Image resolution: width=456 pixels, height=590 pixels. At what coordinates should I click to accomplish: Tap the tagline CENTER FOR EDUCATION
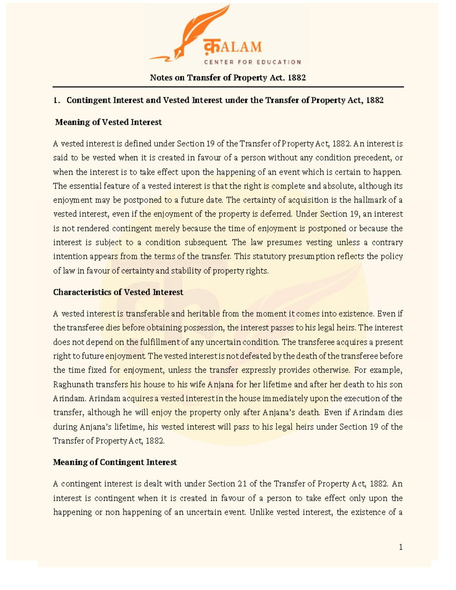(252, 62)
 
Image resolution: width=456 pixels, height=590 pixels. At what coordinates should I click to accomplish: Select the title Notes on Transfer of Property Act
(228, 78)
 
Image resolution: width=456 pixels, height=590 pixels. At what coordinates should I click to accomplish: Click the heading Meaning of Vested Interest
(108, 122)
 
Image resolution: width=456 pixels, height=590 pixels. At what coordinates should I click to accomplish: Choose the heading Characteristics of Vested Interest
(118, 292)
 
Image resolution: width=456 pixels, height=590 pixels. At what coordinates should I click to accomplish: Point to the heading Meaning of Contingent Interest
(115, 462)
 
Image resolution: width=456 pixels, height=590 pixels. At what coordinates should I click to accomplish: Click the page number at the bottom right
(401, 547)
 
